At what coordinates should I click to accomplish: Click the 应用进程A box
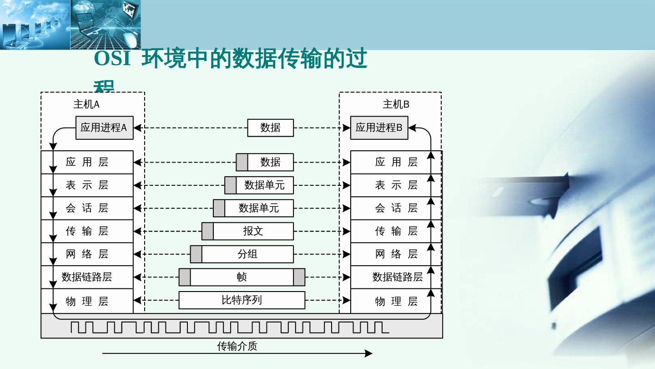pos(104,128)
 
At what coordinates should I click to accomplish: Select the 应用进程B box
pos(379,128)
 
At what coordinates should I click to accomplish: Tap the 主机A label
pos(86,104)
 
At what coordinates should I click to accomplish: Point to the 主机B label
pos(396,104)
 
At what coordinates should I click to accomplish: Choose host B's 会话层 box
pos(396,208)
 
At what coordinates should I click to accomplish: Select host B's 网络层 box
pos(396,254)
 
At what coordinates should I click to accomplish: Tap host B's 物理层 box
pos(396,301)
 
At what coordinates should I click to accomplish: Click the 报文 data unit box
pos(253,231)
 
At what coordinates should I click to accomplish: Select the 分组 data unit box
pos(247,254)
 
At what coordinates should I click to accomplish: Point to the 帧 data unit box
pos(242,277)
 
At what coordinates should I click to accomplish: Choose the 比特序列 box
pos(242,300)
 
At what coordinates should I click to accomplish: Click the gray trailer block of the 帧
pos(299,277)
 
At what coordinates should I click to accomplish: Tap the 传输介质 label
pos(237,346)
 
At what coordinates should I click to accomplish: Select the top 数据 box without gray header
pos(270,128)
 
